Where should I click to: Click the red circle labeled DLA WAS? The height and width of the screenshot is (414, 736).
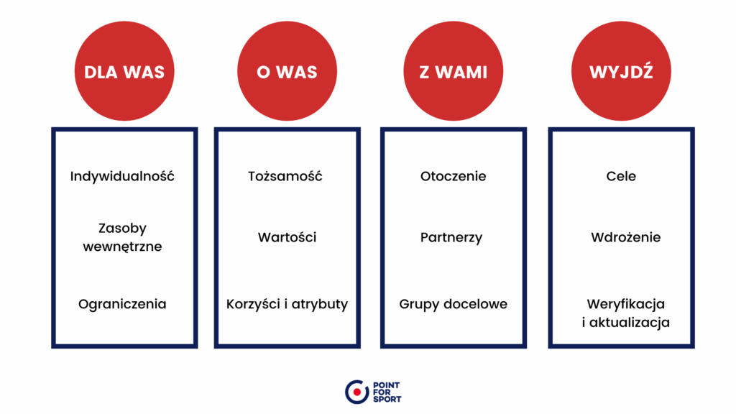(124, 71)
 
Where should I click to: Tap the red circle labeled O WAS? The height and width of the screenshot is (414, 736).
(287, 71)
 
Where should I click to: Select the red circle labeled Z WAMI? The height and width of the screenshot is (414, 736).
(454, 71)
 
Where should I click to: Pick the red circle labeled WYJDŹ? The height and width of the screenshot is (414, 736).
(621, 71)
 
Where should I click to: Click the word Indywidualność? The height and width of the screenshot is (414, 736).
(122, 176)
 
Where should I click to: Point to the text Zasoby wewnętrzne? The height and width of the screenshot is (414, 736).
(122, 237)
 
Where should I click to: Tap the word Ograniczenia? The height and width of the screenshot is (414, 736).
(122, 304)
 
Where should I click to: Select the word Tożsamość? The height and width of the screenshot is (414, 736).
(285, 176)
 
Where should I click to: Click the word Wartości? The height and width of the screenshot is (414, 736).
(287, 237)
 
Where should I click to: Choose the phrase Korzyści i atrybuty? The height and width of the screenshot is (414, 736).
(287, 304)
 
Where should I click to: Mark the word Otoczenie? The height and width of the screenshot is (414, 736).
(453, 176)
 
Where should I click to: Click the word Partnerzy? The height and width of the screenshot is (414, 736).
(451, 237)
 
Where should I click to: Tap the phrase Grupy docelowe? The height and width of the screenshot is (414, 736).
(453, 304)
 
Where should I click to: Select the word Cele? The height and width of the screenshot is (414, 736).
(621, 176)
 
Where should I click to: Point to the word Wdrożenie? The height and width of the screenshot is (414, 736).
(626, 237)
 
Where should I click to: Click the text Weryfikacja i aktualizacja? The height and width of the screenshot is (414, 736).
(626, 313)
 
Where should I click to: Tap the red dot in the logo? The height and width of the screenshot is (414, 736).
(357, 392)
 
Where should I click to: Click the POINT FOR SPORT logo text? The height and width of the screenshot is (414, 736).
(387, 392)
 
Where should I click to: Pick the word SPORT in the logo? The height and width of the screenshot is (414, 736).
(387, 400)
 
